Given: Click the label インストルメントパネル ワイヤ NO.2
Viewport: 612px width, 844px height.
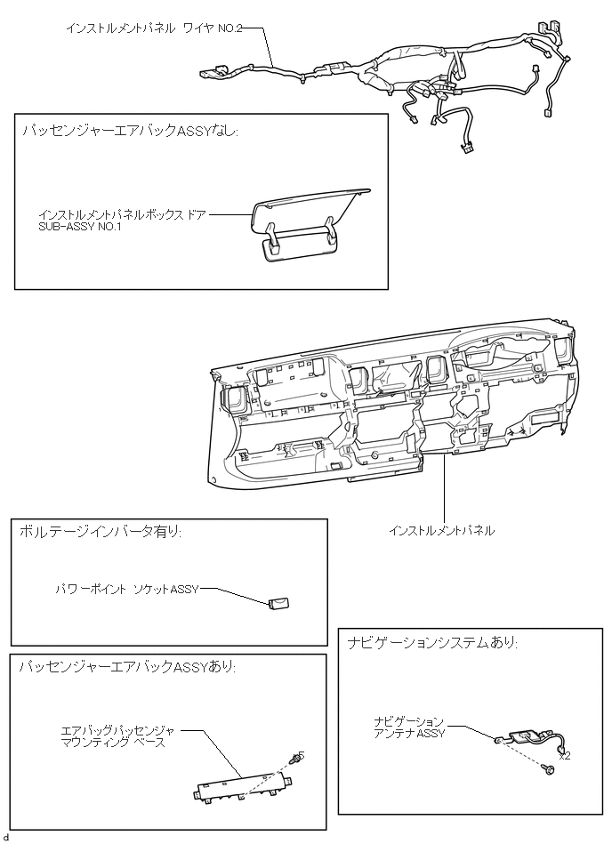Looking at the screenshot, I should coord(153,28).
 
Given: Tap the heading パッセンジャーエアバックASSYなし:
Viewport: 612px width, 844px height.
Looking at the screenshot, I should coord(131,132).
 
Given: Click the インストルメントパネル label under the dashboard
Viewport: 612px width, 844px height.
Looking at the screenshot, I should coord(441,531).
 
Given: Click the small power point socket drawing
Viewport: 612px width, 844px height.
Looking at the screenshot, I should coord(279,604).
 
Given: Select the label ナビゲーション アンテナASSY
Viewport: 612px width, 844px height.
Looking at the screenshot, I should coord(408,727).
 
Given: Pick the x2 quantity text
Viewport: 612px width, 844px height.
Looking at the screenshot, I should coord(564,756).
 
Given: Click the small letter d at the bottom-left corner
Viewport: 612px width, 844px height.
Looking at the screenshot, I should coord(6,837).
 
